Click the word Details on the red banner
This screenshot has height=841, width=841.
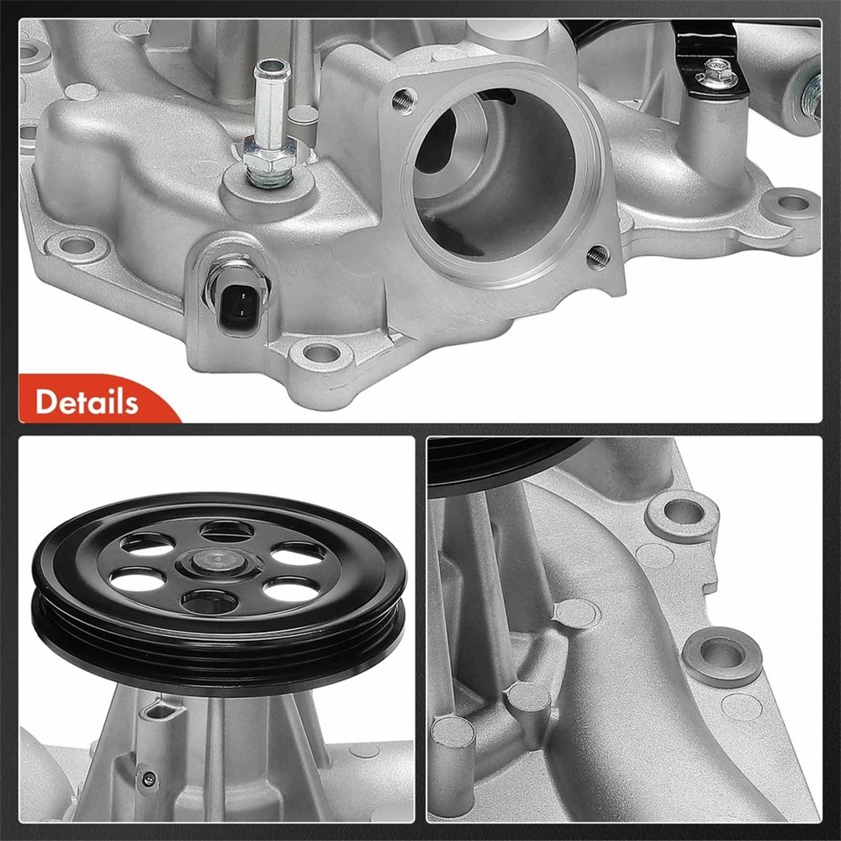pos(87,401)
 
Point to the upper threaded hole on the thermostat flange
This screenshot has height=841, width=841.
pos(404,98)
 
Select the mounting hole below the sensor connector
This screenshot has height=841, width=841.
pos(320,353)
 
